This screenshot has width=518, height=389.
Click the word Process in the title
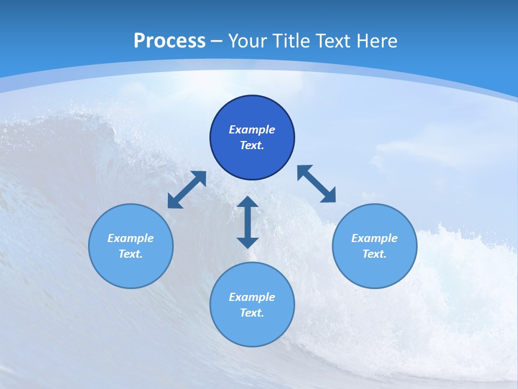169,41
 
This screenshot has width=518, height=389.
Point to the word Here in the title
378,41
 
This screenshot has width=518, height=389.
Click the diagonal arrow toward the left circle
187,190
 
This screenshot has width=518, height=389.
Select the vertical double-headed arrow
248,222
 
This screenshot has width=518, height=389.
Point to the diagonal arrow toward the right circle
316,184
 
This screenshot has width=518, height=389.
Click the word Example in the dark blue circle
252,130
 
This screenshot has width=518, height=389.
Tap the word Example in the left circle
131,238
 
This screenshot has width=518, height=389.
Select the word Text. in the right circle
374,254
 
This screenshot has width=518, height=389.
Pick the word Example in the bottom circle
252,297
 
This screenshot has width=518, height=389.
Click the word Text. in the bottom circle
252,313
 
